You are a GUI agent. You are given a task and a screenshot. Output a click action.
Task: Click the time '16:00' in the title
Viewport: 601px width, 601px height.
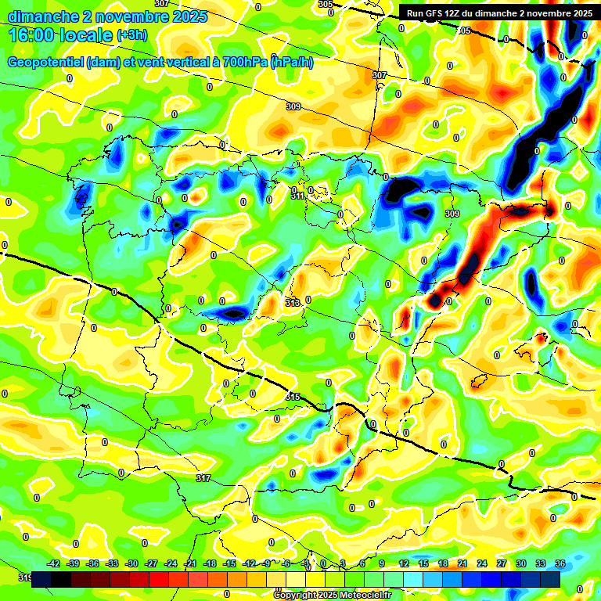coord(32,34)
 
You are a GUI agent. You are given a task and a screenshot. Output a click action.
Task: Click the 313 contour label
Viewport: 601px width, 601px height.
coord(293,302)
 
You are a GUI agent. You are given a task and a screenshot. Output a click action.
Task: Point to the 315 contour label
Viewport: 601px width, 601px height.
coord(293,398)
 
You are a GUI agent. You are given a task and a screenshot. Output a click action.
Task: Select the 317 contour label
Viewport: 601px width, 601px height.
coord(203,477)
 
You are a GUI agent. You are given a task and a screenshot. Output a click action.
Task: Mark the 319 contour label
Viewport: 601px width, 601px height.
coord(25,578)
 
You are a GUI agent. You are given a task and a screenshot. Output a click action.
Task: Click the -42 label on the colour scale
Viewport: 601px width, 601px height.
coord(54,563)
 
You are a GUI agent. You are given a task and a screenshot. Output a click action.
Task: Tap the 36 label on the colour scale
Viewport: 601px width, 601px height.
coord(560,563)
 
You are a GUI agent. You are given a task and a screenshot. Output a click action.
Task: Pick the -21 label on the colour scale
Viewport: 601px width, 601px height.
coord(190,563)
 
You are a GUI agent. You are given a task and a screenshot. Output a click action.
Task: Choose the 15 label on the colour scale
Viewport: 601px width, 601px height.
coord(423,563)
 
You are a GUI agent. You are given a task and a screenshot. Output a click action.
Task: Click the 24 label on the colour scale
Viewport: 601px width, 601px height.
coord(481,563)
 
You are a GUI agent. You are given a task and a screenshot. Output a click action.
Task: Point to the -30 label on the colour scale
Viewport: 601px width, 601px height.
coord(131,563)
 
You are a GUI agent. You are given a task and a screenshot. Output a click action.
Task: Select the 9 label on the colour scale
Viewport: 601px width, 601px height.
coord(382,563)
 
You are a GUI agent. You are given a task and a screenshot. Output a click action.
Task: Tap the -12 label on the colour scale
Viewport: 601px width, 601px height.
coord(249,563)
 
